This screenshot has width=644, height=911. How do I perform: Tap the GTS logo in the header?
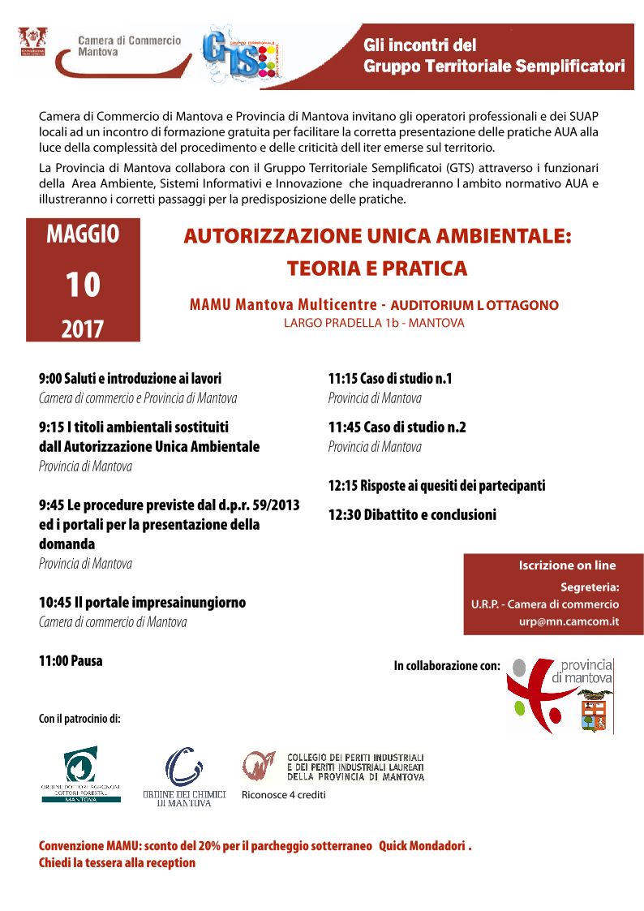click(242, 54)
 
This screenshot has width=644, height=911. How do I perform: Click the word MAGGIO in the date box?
click(83, 234)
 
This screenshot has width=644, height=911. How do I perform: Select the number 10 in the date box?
click(83, 285)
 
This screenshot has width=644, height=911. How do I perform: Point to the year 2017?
click(83, 329)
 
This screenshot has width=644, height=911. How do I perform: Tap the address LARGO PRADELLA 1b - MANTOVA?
click(374, 323)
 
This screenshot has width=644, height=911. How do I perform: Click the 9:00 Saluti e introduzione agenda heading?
click(130, 379)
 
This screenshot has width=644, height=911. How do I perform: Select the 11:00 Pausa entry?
click(71, 661)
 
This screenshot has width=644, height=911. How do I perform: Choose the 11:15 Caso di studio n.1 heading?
click(390, 379)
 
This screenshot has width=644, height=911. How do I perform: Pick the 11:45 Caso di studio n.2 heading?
click(397, 428)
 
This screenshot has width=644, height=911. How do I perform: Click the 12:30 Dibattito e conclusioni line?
click(412, 515)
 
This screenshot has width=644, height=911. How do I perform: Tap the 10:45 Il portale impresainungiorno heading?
click(142, 603)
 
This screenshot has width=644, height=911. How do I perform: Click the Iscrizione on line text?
click(567, 565)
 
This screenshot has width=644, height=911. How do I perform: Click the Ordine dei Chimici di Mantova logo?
click(184, 776)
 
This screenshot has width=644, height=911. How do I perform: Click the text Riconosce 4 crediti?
click(283, 795)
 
